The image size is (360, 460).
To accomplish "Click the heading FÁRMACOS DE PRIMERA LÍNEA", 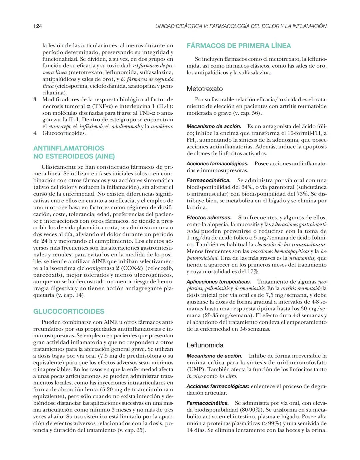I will point(239,46).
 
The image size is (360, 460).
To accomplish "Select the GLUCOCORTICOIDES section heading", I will point(69,311).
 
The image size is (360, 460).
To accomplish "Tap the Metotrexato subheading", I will point(204,89).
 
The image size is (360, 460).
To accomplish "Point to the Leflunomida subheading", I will point(205,345).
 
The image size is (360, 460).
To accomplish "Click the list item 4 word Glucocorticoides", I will point(64,133).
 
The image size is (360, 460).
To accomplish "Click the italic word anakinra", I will point(162,127).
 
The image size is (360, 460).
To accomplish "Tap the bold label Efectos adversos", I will point(209,218).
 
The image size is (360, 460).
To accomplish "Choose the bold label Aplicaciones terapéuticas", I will point(218,282).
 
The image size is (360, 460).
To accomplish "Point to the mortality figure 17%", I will point(253,272).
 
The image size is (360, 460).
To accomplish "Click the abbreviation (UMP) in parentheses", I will point(194,369).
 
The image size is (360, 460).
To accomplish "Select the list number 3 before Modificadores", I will point(35,100).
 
